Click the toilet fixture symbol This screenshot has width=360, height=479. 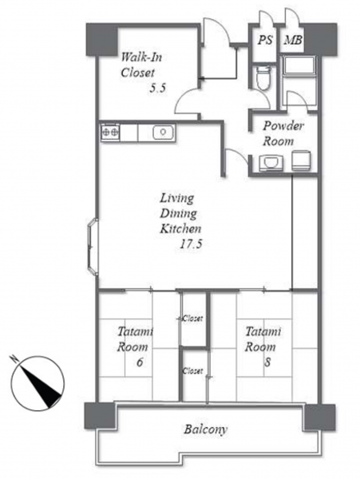(263, 77)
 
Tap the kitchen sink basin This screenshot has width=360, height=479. (163, 133)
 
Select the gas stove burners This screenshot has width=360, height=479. (110, 133)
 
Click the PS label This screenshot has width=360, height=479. (265, 40)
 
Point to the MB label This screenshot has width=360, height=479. (293, 40)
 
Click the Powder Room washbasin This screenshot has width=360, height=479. (271, 163)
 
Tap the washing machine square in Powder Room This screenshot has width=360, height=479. (301, 160)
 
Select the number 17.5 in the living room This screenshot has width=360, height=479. (191, 244)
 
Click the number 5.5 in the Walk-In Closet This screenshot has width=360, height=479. (157, 89)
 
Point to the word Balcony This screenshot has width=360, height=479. (205, 430)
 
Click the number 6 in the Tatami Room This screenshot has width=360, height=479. (140, 362)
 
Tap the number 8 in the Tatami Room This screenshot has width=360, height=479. (267, 362)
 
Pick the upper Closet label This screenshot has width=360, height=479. (192, 319)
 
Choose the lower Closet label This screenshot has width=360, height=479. (192, 371)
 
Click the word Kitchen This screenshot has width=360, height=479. (180, 228)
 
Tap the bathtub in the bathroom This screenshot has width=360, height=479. (299, 65)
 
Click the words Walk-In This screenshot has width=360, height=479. (141, 57)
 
